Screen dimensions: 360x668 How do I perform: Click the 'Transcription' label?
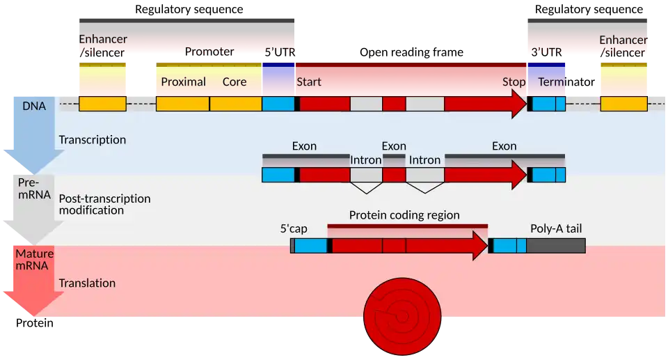[93, 140]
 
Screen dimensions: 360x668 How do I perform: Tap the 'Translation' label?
[87, 283]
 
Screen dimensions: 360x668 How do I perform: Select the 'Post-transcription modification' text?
[104, 204]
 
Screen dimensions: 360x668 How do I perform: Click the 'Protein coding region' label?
[404, 215]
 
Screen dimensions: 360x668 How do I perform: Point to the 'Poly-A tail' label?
[553, 228]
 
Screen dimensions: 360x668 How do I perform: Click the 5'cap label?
[294, 228]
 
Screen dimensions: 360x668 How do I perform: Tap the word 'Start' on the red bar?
[309, 82]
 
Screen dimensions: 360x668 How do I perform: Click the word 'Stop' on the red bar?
[514, 82]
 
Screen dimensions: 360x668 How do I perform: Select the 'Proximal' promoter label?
[183, 82]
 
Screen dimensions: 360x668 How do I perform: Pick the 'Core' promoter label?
[234, 82]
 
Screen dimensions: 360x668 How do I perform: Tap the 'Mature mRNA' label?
[34, 259]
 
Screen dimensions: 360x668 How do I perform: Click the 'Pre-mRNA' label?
[34, 188]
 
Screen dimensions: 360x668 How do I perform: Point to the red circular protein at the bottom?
[402, 317]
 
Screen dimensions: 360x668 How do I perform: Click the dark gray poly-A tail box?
[555, 245]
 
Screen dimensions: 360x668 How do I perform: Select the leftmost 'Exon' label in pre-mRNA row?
[304, 146]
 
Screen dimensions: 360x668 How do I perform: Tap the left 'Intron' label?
[365, 160]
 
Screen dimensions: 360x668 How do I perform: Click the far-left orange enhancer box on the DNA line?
[102, 104]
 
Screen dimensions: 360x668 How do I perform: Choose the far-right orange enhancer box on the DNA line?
[623, 104]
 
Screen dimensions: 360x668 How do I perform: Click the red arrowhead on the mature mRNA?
[479, 245]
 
